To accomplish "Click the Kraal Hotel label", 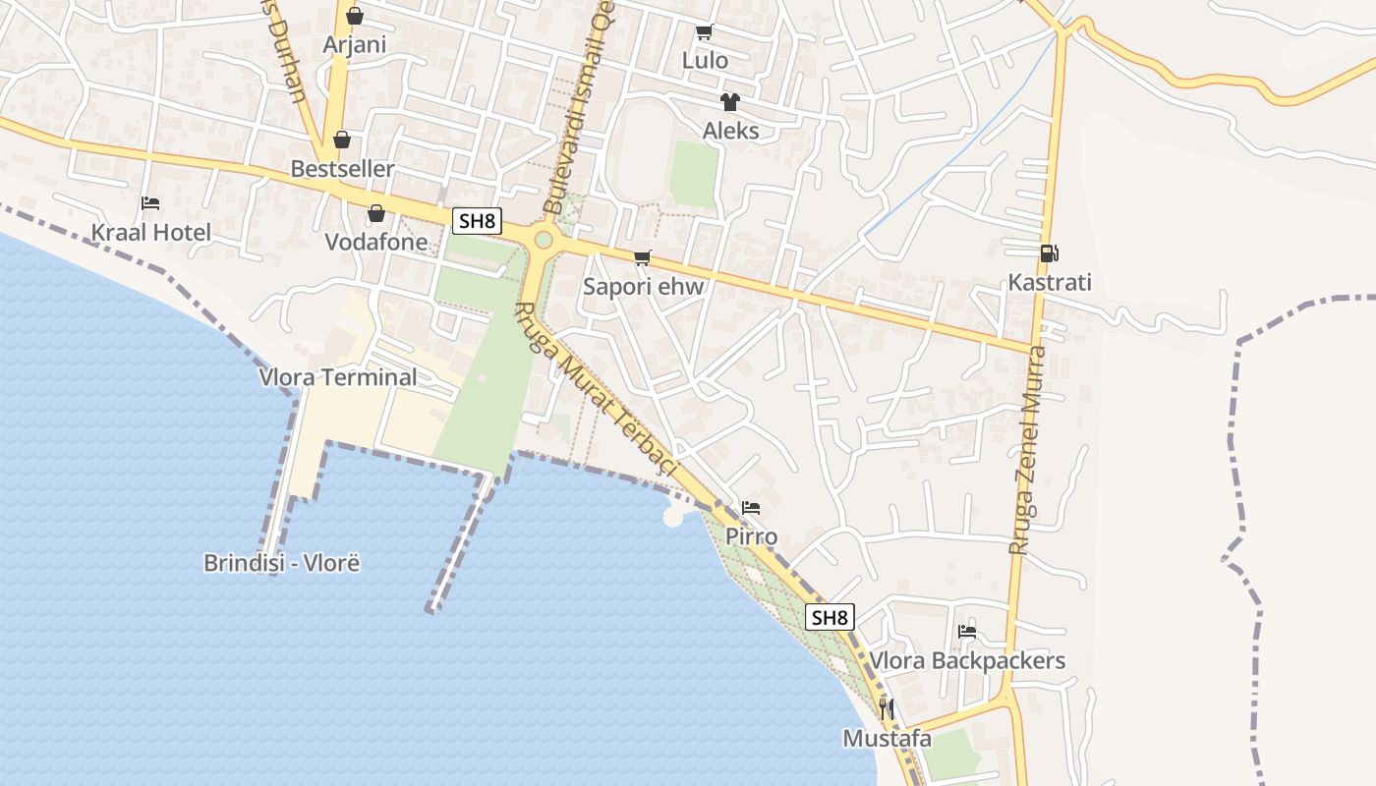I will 151,233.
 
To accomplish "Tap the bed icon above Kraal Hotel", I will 150,203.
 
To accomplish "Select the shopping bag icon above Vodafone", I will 375,213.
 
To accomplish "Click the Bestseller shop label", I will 342,169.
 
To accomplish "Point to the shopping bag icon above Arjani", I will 355,16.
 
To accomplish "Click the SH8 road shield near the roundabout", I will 477,221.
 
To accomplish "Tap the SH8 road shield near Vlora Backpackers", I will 830,617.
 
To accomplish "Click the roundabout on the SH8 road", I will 543,239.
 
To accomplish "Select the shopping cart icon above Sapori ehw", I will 643,257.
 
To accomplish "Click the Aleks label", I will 730,131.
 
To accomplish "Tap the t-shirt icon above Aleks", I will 729,101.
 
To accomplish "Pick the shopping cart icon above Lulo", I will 705,31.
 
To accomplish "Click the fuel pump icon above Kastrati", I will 1049,253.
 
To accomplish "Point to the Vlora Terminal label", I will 338,377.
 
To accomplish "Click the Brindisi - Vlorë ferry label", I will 282,563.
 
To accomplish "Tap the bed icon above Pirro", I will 751,508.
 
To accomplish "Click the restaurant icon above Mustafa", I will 887,708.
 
